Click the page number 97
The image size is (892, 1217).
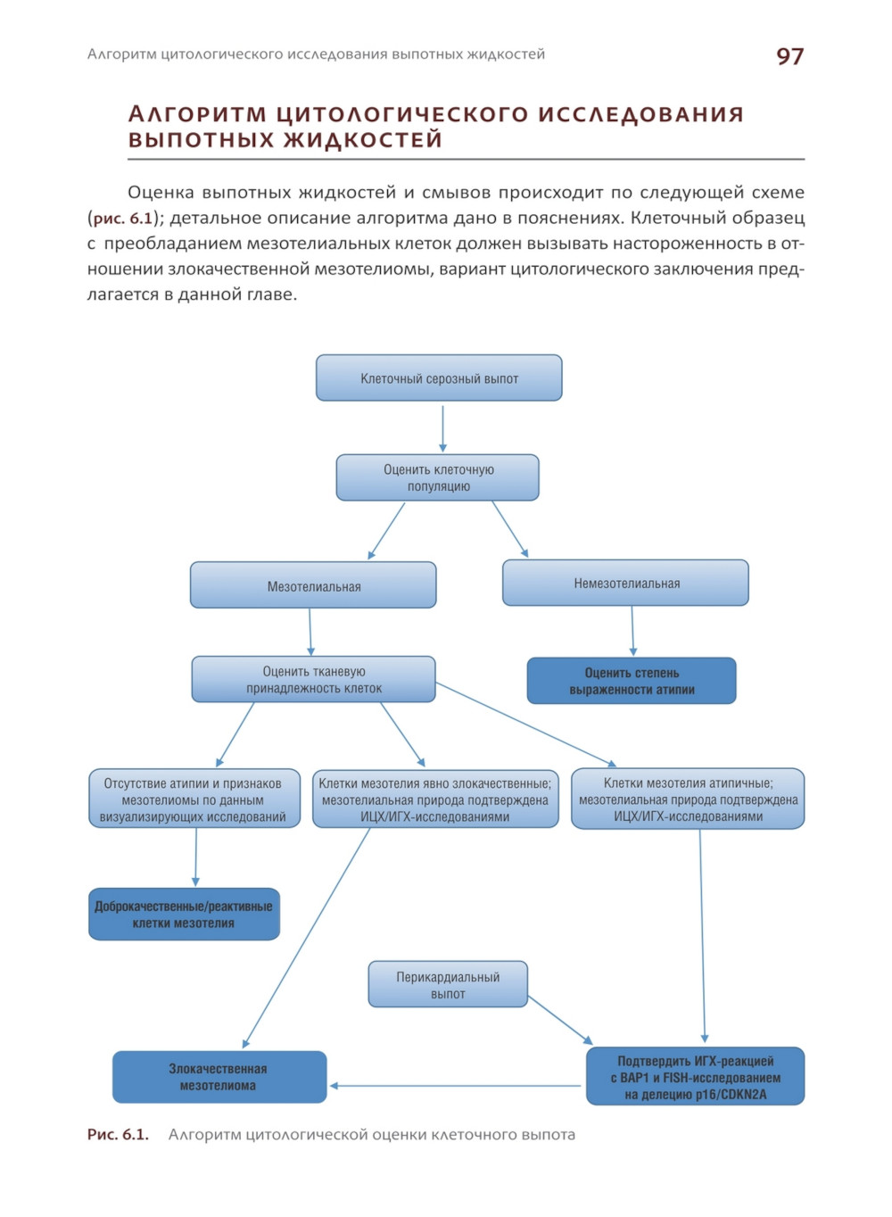[789, 56]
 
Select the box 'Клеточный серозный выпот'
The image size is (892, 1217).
[439, 378]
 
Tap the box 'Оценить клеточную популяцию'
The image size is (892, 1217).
[438, 478]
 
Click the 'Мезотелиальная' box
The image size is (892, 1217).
[313, 586]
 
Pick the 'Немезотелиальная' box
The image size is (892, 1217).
[625, 584]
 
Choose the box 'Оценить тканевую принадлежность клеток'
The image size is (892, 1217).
[313, 680]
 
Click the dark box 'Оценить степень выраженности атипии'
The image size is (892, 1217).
[632, 681]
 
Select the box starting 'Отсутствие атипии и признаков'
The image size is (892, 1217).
[194, 799]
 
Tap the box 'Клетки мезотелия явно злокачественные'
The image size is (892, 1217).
[435, 799]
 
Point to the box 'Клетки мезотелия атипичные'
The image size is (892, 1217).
[688, 799]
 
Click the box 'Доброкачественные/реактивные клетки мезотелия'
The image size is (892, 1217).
[184, 915]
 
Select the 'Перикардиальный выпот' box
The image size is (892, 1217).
[448, 985]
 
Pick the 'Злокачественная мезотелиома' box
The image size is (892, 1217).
[219, 1077]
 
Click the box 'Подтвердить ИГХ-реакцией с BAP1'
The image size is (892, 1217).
[695, 1077]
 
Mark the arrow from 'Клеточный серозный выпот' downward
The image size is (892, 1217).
[442, 427]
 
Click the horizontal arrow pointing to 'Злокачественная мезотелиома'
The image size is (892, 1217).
[455, 1086]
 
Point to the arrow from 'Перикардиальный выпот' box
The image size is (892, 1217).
[560, 1021]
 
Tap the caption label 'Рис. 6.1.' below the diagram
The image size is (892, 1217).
[118, 1135]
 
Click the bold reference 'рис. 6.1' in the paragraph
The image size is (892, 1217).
[123, 218]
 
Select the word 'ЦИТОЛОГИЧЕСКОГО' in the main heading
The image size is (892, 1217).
[401, 114]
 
